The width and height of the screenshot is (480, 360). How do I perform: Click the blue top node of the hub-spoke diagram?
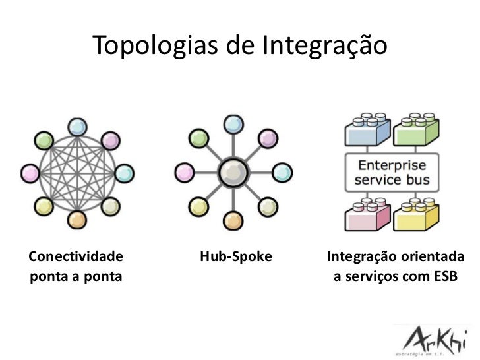232,123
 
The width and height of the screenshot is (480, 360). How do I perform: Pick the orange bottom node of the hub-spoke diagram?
231,220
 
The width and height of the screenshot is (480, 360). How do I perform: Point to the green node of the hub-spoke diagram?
196,137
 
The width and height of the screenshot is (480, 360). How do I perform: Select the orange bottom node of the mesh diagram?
78,220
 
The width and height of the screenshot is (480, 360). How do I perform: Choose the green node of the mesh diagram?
44,140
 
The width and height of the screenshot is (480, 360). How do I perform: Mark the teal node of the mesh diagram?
124,174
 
